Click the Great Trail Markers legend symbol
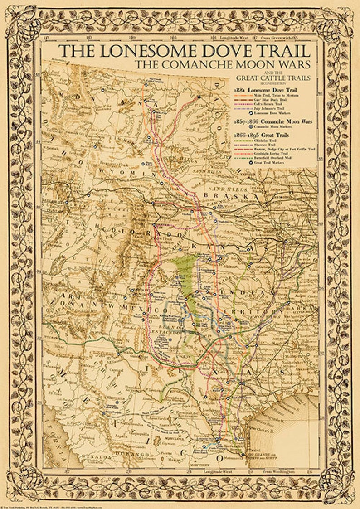pyautogui.click(x=238, y=162)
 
